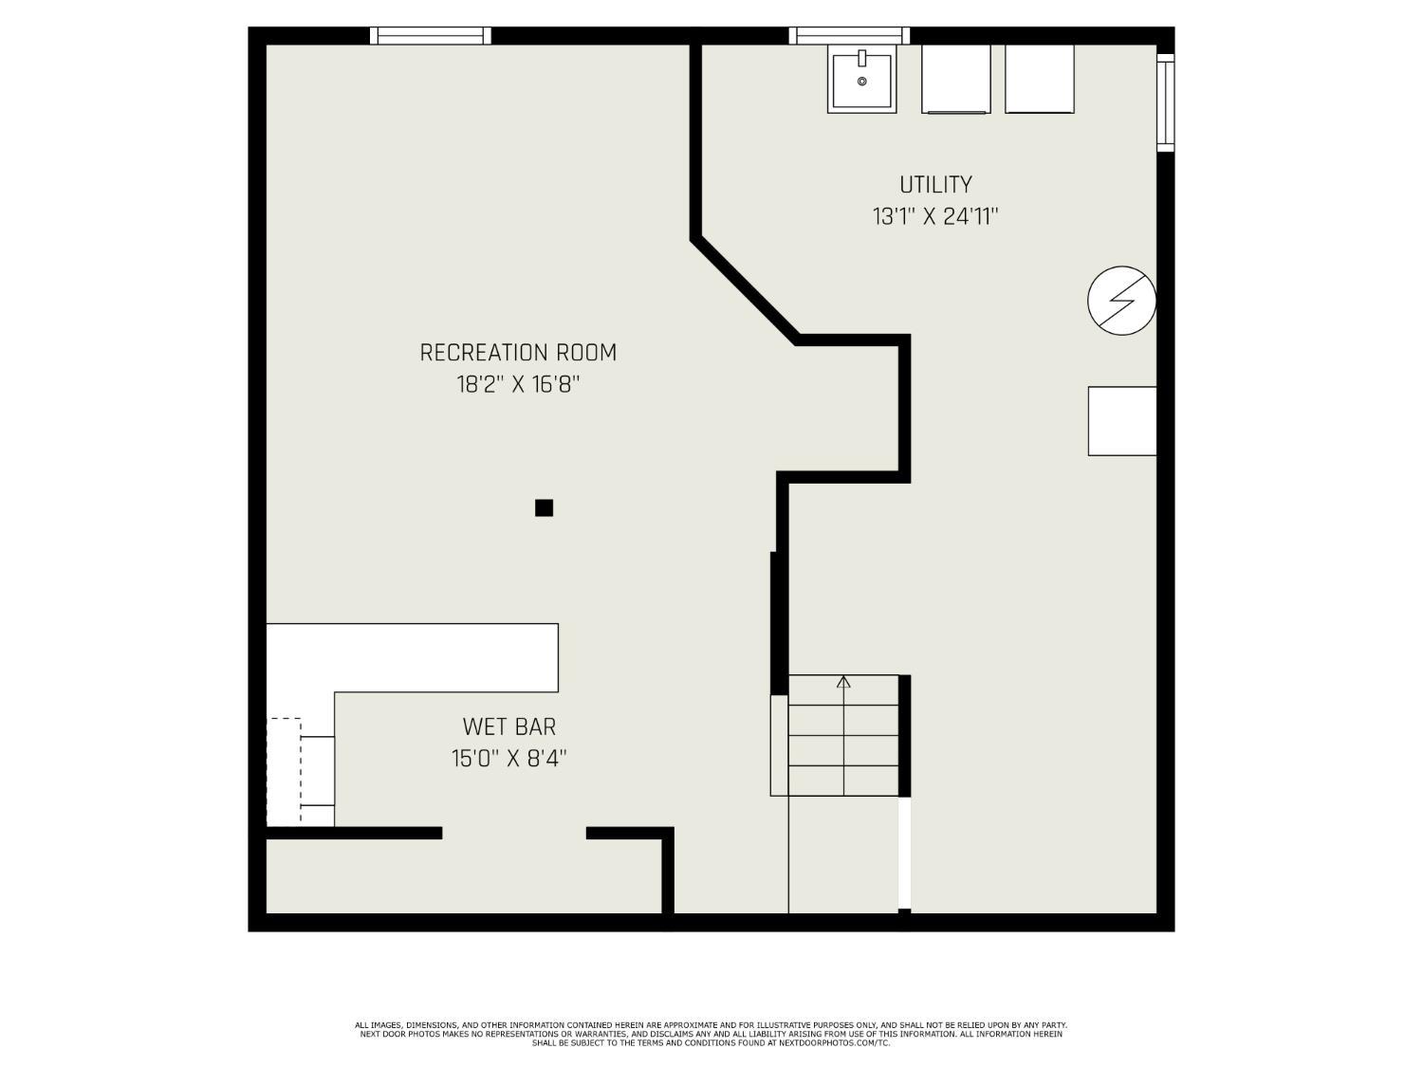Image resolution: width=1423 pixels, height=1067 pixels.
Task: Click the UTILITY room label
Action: tap(935, 184)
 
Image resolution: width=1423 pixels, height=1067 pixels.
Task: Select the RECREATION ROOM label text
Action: tap(518, 353)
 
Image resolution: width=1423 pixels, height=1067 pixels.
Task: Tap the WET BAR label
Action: tap(508, 727)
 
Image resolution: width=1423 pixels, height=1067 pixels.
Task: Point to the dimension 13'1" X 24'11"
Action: tap(935, 217)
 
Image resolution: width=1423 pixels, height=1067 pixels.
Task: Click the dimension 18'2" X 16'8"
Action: tap(517, 385)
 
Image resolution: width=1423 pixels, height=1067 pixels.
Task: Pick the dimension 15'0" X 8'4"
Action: tap(508, 759)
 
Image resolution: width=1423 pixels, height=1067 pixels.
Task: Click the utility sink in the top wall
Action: tap(861, 79)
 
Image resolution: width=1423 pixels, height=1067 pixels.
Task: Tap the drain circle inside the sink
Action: tap(862, 82)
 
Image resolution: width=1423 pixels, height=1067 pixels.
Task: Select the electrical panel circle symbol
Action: tap(1121, 301)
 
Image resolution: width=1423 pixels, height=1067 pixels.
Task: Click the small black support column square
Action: tap(544, 507)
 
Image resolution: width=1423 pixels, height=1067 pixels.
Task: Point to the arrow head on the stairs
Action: tap(843, 681)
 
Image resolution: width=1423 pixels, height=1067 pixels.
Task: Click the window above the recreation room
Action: tap(431, 36)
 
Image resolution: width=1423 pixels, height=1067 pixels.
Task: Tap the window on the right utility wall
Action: tap(1166, 102)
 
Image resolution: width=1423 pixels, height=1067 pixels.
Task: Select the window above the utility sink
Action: tap(849, 36)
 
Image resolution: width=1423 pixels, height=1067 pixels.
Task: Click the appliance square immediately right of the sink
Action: tap(955, 79)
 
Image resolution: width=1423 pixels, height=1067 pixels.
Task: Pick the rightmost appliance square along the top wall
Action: tap(1039, 79)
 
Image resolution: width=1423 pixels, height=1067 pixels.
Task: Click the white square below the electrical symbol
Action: tap(1121, 420)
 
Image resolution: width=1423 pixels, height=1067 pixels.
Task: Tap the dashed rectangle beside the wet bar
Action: tap(285, 770)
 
